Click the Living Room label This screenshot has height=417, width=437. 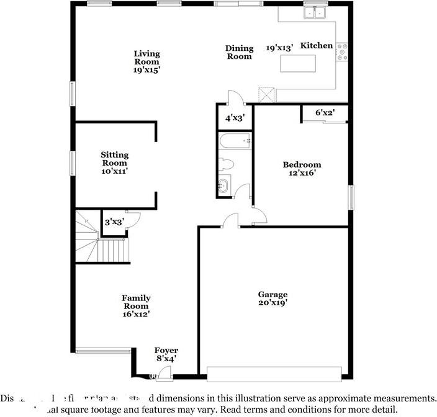[146, 62]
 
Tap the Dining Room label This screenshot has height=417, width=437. [239, 52]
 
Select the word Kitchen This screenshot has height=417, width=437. [317, 45]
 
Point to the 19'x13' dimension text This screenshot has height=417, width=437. [279, 48]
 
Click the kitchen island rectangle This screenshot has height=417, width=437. [298, 64]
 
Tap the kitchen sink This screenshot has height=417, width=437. [316, 12]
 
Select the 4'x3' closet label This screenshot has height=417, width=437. [235, 117]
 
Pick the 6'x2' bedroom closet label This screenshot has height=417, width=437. [325, 113]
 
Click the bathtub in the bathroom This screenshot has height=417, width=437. [235, 142]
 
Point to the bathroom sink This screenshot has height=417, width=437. [224, 186]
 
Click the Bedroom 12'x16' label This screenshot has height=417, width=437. [302, 169]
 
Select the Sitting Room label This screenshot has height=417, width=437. [115, 163]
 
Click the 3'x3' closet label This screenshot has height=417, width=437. [114, 222]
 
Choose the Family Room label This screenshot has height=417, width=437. [136, 306]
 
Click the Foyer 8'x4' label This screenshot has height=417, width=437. [166, 354]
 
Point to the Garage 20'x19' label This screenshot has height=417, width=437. [273, 298]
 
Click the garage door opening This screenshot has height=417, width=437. [274, 373]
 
